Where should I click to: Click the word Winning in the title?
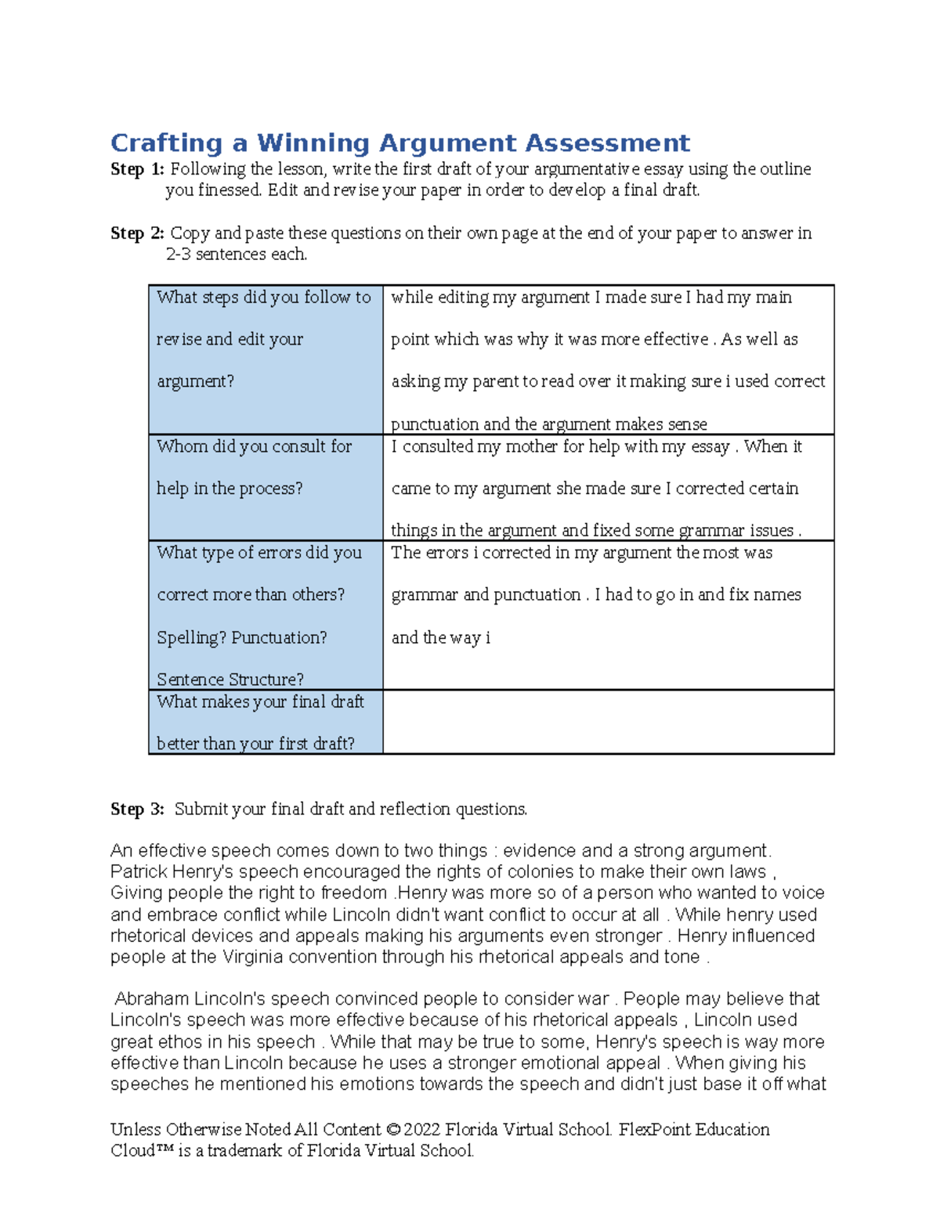pos(313,143)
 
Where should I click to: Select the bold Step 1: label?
pos(137,169)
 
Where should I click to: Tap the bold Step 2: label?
pos(137,233)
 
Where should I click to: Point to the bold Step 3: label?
pos(137,809)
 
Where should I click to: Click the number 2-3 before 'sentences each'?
pos(178,254)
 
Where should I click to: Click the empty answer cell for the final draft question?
pos(608,722)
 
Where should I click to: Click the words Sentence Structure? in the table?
pos(230,679)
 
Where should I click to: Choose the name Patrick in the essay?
pos(139,872)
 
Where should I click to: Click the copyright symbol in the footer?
pos(393,1130)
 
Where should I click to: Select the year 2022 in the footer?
pos(423,1130)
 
